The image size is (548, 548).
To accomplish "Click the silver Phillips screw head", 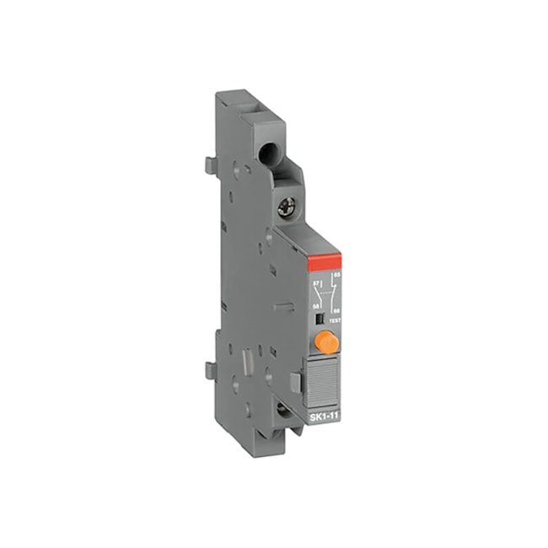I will [287, 206].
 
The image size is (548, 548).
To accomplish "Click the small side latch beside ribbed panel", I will [295, 381].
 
